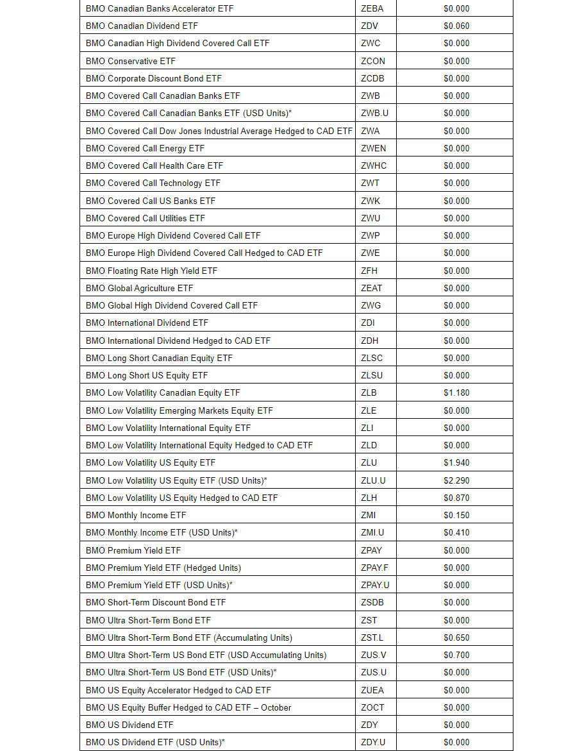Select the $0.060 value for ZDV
456,26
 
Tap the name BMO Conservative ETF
130,61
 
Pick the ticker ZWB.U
374,113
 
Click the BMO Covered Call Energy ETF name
145,148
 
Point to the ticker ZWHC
374,165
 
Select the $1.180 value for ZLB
456,392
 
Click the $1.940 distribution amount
456,462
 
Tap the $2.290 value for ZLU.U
456,480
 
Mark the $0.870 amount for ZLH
456,498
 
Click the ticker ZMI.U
372,532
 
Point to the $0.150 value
456,515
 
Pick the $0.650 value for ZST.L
456,637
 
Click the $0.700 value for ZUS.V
456,655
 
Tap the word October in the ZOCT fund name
276,707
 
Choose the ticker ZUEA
372,690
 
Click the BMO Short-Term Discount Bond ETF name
156,602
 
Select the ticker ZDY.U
373,742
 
